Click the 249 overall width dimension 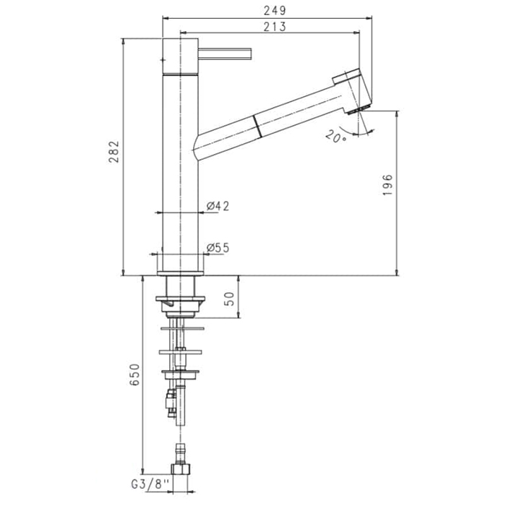[275, 11]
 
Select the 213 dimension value [275, 27]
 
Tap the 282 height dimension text [113, 152]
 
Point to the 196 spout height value [387, 184]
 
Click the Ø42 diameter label [218, 206]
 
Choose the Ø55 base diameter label [218, 248]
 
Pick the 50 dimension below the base [228, 299]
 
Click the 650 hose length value [134, 374]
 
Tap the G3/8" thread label [150, 484]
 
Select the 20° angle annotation [335, 137]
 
